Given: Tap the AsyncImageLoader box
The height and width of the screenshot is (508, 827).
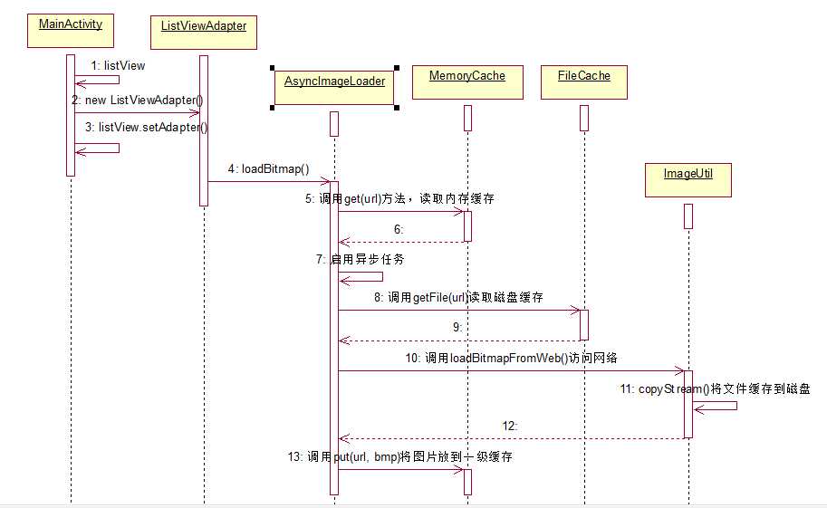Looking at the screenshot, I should pos(335,87).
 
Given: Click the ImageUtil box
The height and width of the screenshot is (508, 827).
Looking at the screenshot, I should pos(688,179).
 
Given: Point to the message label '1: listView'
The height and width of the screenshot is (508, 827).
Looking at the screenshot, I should pos(118,65).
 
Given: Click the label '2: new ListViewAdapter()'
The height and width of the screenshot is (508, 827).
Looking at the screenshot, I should pos(137,99).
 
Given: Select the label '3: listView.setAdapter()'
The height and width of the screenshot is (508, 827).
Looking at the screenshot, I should pos(146,127).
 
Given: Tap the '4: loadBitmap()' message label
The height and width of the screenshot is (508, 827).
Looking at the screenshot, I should pos(269,168).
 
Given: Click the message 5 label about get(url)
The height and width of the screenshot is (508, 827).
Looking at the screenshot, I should pos(399,198).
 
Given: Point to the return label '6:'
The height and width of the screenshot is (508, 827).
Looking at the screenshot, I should pos(398,229).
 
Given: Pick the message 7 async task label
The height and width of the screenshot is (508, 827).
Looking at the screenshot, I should pos(360,259).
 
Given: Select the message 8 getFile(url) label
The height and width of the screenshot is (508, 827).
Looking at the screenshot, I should pos(458,297).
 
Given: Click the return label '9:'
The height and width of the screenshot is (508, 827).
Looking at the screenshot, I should pos(457,327).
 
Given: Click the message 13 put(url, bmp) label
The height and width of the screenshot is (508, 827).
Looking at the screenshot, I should pos(398,457).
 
